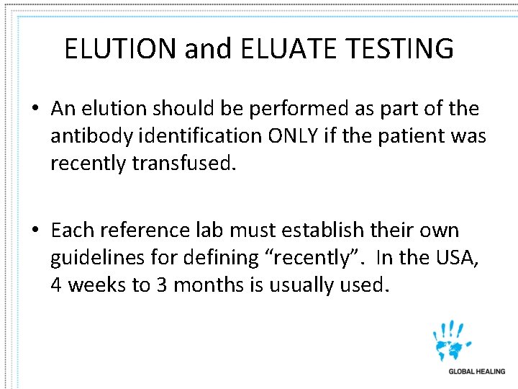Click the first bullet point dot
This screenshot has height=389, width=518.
(x=35, y=109)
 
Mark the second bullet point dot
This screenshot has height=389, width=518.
(x=35, y=231)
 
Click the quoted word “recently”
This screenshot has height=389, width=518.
(x=320, y=258)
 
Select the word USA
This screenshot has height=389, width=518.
(x=451, y=258)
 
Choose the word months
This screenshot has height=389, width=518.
(x=208, y=285)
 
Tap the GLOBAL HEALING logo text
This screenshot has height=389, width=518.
(x=476, y=372)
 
